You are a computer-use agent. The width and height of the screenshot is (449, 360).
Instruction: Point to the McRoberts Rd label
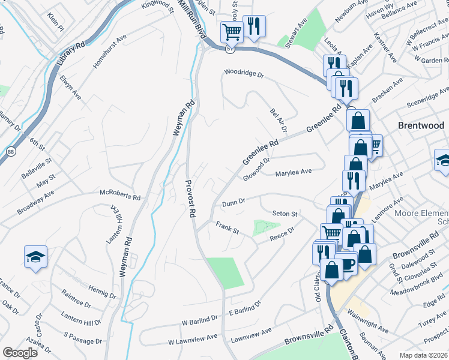point(120,196)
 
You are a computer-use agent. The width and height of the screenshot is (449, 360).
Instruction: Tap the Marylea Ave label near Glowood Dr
point(293,172)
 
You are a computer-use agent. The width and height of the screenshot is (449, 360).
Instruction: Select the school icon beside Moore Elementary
point(444,160)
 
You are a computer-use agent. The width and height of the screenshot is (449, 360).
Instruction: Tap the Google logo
point(20,353)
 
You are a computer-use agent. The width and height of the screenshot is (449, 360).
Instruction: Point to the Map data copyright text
point(424,355)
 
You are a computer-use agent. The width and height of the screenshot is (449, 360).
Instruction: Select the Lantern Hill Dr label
point(80,318)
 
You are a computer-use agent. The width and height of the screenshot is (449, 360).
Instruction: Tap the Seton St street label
point(285,214)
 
